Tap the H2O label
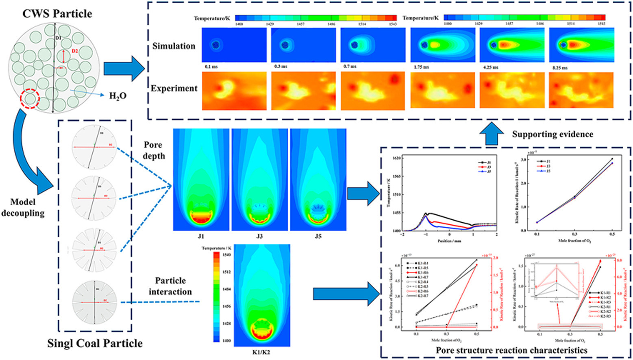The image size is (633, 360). pyautogui.click(x=117, y=96)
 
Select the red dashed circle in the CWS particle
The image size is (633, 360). pyautogui.click(x=30, y=99)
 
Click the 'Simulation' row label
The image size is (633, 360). pyautogui.click(x=174, y=46)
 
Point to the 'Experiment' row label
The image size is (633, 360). pyautogui.click(x=174, y=88)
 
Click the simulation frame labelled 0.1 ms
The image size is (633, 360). pyautogui.click(x=234, y=45)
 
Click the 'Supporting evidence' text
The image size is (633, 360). pyautogui.click(x=553, y=134)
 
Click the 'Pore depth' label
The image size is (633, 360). pyautogui.click(x=154, y=150)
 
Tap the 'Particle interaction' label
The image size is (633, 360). pyautogui.click(x=170, y=286)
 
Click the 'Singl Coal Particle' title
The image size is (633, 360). pyautogui.click(x=94, y=343)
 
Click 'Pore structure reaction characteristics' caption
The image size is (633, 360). pyautogui.click(x=511, y=350)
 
